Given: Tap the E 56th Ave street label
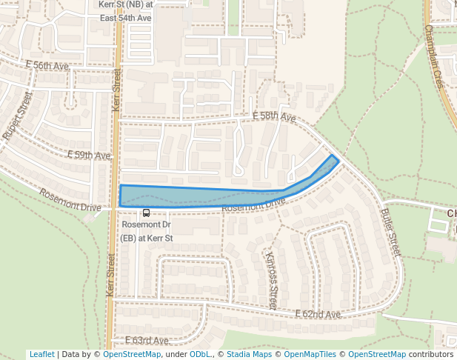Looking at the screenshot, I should click(x=47, y=66).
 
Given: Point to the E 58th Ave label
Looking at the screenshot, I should click(x=273, y=117).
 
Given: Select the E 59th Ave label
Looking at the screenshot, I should click(x=88, y=156).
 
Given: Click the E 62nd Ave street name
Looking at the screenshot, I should click(x=318, y=315).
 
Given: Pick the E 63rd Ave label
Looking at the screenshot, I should click(x=147, y=340).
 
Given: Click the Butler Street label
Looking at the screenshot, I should click(x=390, y=231).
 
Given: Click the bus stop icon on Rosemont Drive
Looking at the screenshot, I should click(x=146, y=213).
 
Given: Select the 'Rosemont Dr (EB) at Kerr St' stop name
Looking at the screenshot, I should click(x=147, y=231).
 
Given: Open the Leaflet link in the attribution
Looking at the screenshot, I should click(x=41, y=354).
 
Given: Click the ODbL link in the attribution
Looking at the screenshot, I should click(x=200, y=354).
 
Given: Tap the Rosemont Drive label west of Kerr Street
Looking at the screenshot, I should click(x=70, y=200).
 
